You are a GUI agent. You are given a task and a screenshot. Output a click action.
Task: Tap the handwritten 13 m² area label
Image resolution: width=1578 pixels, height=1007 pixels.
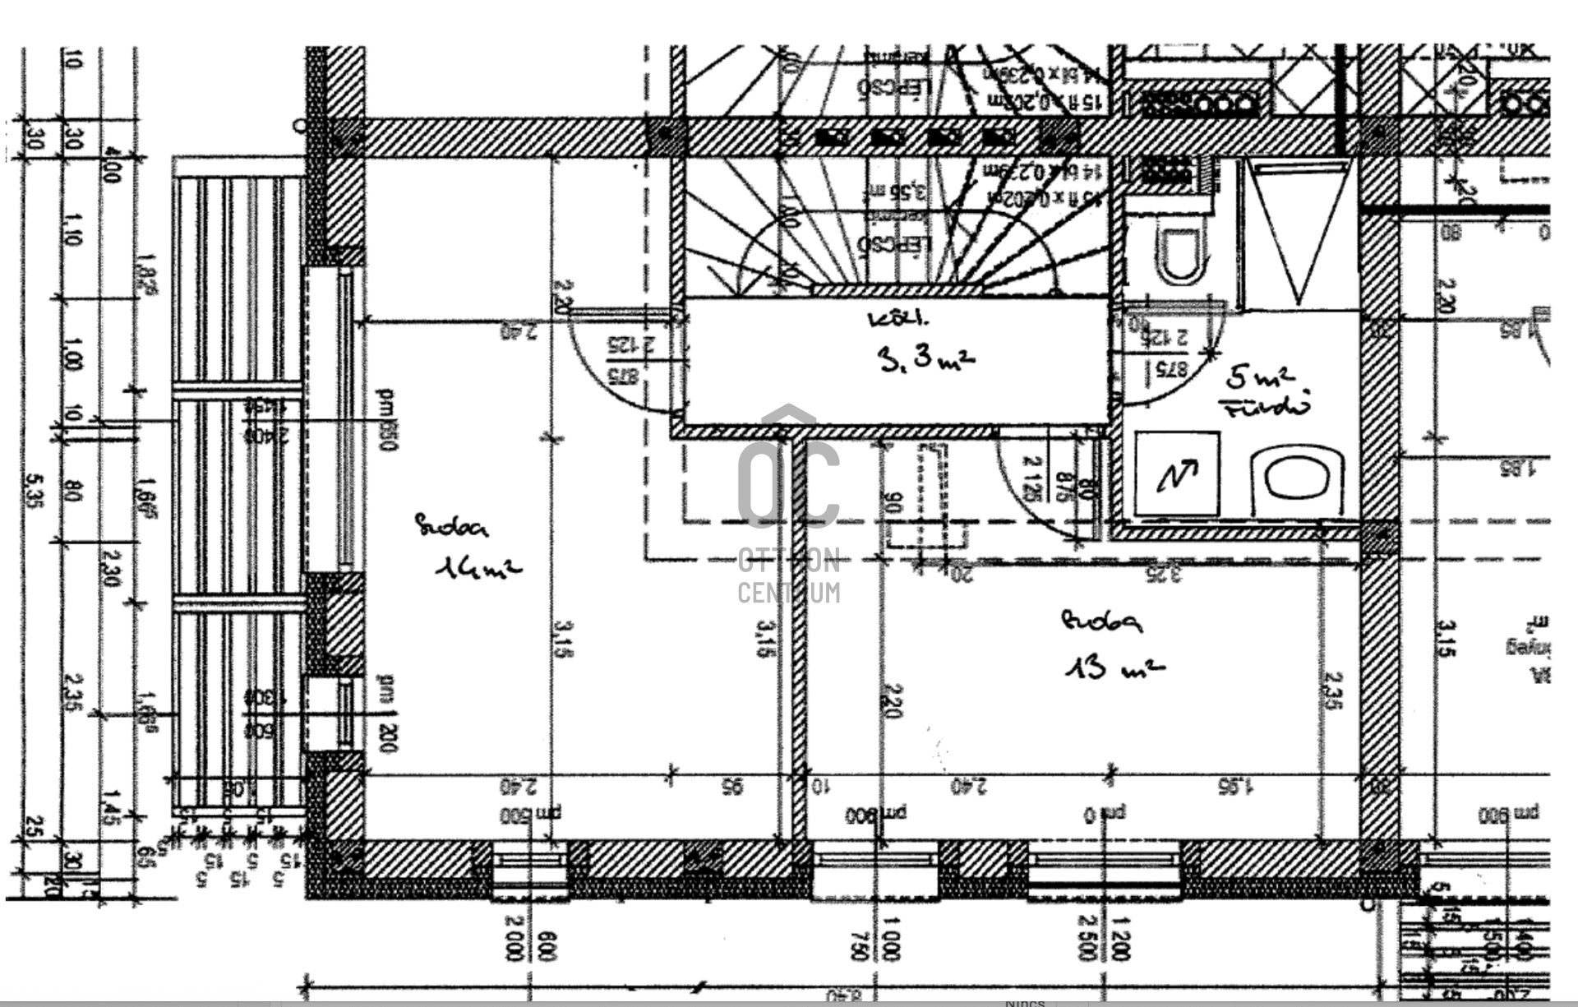(1114, 666)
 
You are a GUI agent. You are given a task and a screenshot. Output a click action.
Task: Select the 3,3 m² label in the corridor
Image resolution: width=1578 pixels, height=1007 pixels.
(926, 359)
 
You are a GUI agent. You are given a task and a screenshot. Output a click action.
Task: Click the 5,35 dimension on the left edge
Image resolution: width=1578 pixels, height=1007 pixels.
(33, 490)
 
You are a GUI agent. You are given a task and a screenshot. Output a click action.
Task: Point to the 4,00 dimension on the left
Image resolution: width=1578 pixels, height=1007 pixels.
(113, 164)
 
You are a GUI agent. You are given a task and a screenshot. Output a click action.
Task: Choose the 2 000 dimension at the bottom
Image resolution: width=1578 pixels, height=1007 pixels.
(514, 937)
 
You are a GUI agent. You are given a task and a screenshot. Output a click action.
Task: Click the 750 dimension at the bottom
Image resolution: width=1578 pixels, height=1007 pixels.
(860, 945)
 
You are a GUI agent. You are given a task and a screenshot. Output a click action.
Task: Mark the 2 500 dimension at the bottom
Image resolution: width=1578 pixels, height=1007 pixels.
(1087, 937)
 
